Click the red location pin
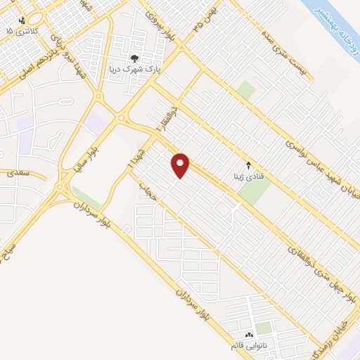pos(181,165)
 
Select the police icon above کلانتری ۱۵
pos(22,20)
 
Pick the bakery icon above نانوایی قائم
pos(249,335)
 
